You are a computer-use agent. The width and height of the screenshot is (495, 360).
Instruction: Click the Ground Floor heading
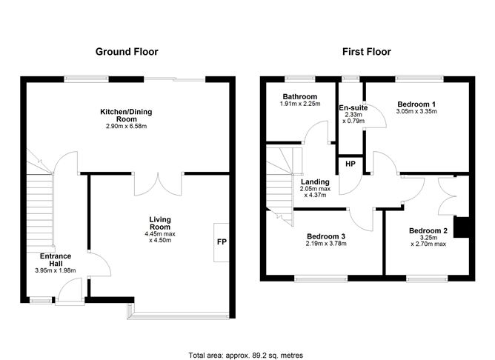pyautogui.click(x=127, y=52)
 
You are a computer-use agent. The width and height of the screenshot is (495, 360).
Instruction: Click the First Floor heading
pyautogui.click(x=367, y=52)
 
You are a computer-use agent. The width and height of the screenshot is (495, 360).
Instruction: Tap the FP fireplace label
pyautogui.click(x=222, y=242)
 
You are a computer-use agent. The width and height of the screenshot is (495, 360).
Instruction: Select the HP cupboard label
pyautogui.click(x=351, y=164)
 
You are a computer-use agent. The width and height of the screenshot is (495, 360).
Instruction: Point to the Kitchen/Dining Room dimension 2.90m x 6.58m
pyautogui.click(x=126, y=127)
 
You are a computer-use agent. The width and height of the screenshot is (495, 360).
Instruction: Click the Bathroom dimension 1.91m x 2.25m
pyautogui.click(x=300, y=104)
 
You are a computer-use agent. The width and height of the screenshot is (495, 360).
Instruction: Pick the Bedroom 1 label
pyautogui.click(x=416, y=104)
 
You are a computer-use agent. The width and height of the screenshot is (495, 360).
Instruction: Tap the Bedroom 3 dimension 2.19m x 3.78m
pyautogui.click(x=326, y=244)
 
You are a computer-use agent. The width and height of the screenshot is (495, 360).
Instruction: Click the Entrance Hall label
pyautogui.click(x=56, y=260)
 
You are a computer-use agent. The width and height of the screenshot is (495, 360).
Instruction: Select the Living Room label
pyautogui.click(x=160, y=223)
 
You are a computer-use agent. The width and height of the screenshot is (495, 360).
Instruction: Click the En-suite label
pyautogui.click(x=353, y=107)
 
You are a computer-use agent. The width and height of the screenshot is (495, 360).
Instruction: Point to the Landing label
pyautogui.click(x=315, y=181)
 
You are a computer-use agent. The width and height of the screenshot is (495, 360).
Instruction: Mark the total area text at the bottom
pyautogui.click(x=246, y=356)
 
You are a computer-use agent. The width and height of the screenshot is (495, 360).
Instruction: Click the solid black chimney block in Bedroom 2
pyautogui.click(x=461, y=227)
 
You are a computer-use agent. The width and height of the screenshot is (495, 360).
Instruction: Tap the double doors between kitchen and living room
pyautogui.click(x=158, y=184)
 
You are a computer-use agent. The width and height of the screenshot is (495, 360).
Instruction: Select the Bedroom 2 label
pyautogui.click(x=428, y=231)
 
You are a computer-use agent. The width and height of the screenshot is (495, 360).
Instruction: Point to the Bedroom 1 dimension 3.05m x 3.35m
pyautogui.click(x=416, y=111)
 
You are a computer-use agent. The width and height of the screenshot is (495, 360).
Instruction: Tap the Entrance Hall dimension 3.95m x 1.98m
pyautogui.click(x=56, y=270)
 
